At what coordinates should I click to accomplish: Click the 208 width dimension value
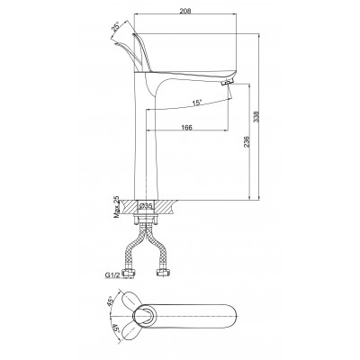185,11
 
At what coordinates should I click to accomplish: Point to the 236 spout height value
246,141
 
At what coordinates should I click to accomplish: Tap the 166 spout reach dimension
186,127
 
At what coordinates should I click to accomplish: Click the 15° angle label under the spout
197,103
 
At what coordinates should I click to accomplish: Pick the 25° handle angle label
115,26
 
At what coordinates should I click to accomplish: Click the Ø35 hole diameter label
147,206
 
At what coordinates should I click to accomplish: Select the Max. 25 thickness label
116,208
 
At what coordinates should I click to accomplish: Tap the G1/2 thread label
111,274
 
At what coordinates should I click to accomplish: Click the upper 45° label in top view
112,301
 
